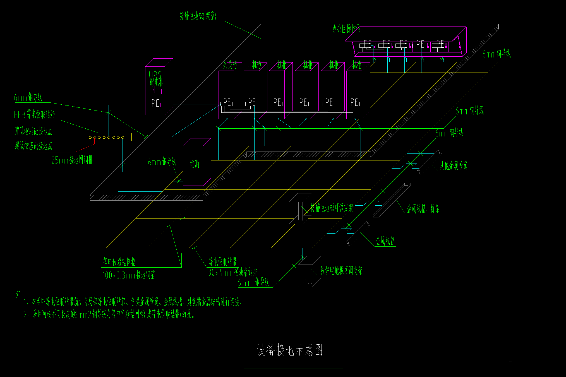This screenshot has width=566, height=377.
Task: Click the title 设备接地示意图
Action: click(x=290, y=350)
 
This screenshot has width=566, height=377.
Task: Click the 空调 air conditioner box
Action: click(x=195, y=164)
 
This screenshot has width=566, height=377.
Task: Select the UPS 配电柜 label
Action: click(x=156, y=78)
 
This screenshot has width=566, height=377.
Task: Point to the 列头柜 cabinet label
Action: click(x=230, y=65)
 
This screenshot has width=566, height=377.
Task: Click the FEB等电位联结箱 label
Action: click(x=34, y=114)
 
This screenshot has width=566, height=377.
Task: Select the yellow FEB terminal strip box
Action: click(x=107, y=137)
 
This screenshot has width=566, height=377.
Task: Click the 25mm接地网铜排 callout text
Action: click(x=72, y=160)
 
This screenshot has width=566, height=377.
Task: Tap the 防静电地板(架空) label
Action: click(x=198, y=16)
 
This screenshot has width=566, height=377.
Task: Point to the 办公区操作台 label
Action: click(x=346, y=29)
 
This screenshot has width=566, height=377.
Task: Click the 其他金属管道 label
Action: click(x=454, y=165)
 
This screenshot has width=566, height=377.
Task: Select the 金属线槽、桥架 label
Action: click(x=423, y=209)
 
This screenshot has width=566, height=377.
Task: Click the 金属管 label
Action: click(x=385, y=241)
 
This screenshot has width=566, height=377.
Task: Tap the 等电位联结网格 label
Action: click(x=119, y=262)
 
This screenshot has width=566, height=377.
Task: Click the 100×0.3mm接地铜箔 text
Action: click(x=129, y=275)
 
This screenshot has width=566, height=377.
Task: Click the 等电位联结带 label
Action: click(x=222, y=262)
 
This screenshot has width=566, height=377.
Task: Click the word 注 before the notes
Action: click(x=19, y=295)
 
